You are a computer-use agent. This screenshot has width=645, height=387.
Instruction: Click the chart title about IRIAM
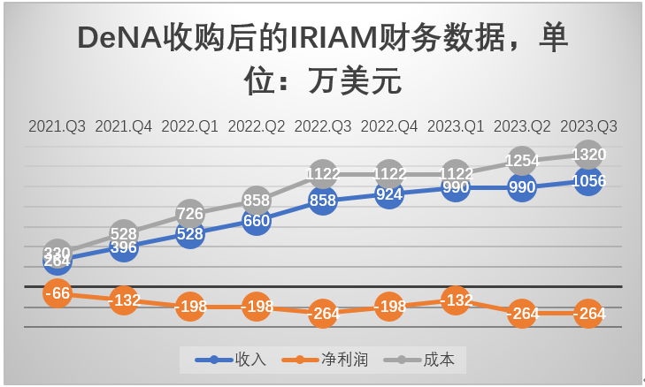coord(322,59)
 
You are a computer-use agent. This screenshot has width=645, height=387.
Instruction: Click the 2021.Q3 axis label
coord(57,126)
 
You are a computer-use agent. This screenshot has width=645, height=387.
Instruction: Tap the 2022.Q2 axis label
coord(257,126)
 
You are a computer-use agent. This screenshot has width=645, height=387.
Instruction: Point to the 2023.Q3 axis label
coord(589,126)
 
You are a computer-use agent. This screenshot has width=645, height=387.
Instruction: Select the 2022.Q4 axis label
coord(389,126)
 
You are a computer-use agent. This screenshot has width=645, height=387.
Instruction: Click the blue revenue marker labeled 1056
coord(589,181)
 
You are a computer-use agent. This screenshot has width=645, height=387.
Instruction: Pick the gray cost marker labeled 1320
coord(589,155)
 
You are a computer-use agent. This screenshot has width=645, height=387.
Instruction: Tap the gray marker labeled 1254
coord(522,161)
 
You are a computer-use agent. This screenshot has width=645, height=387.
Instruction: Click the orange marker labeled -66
coord(58,293)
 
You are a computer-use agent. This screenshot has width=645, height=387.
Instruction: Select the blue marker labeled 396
coord(124,247)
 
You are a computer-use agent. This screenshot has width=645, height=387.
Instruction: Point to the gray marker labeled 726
coord(190,213)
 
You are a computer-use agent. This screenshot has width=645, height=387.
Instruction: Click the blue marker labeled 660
coord(257,221)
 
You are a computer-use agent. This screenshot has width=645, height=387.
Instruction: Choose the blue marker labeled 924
coord(389,194)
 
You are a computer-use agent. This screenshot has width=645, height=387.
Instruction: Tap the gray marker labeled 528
coord(124,233)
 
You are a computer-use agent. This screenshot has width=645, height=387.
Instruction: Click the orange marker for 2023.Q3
coord(589,314)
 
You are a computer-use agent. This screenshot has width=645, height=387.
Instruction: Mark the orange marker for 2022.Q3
coord(323,314)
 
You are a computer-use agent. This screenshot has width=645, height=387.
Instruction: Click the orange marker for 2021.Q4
coord(124,300)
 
